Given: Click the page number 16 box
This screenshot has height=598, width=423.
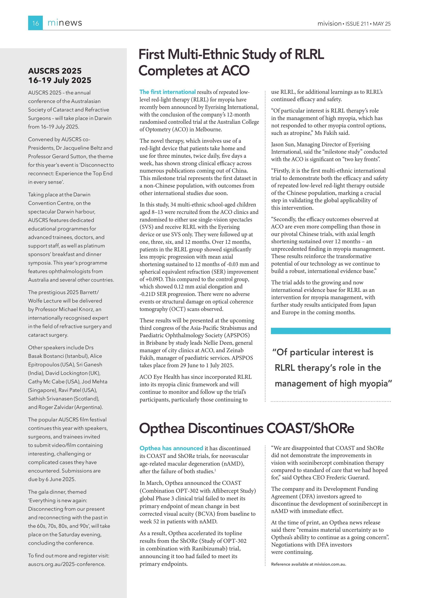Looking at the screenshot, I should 35,23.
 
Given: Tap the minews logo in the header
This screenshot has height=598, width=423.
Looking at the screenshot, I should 65,23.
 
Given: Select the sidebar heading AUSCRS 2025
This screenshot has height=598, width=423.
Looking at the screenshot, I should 55,71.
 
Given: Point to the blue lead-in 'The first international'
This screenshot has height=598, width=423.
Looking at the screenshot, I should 167,92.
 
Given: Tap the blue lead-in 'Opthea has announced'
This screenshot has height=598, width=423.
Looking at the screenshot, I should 171,448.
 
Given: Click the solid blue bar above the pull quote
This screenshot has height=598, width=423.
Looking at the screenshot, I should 330,331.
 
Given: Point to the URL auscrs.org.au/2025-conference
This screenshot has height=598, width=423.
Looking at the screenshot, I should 66,564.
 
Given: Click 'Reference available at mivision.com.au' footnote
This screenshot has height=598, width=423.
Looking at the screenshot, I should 308,564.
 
